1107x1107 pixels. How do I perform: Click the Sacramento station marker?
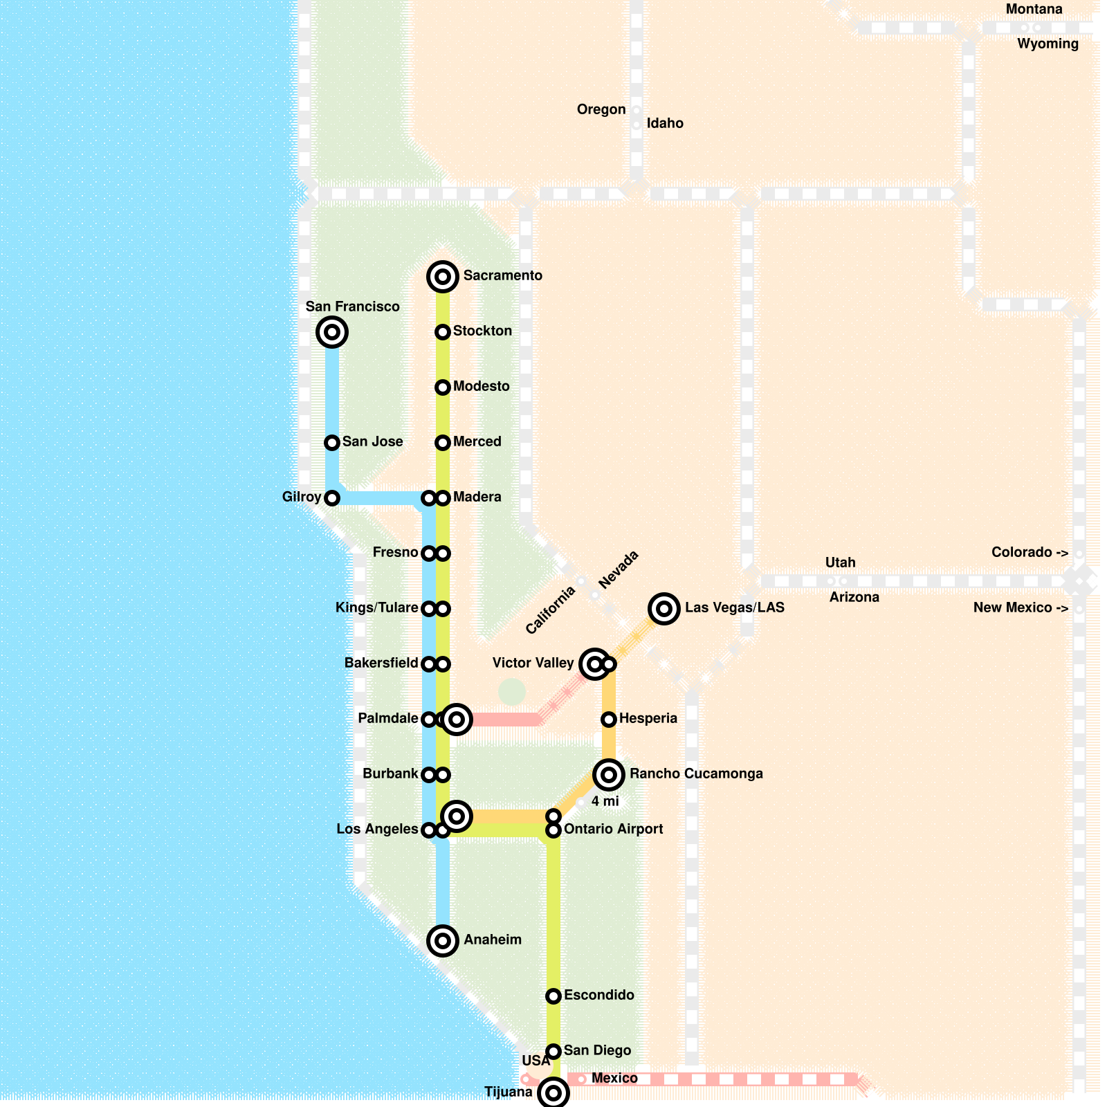(x=443, y=277)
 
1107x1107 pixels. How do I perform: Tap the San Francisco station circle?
(x=332, y=332)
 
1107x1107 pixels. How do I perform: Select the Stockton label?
(x=482, y=331)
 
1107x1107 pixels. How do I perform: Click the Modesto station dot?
(x=443, y=387)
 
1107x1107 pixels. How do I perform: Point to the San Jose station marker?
(x=332, y=443)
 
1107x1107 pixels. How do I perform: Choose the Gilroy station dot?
(x=332, y=498)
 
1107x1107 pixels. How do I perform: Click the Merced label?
(x=477, y=441)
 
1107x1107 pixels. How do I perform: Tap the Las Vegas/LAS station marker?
(x=664, y=609)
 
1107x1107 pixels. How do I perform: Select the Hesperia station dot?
(x=609, y=720)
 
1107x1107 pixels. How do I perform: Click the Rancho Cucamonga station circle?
(x=609, y=775)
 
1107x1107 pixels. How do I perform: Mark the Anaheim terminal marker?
(x=443, y=941)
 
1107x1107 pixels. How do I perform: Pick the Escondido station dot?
(x=553, y=996)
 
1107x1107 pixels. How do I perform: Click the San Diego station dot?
(x=553, y=1052)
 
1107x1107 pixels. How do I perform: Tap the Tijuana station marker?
(x=553, y=1093)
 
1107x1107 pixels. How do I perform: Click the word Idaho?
(x=665, y=123)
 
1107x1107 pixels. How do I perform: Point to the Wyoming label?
(x=1047, y=44)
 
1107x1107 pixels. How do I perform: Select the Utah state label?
(x=840, y=562)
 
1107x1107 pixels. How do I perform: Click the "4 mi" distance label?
(x=605, y=801)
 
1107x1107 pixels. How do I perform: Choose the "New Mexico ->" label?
(x=1021, y=607)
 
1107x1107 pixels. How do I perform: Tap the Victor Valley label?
(x=533, y=663)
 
